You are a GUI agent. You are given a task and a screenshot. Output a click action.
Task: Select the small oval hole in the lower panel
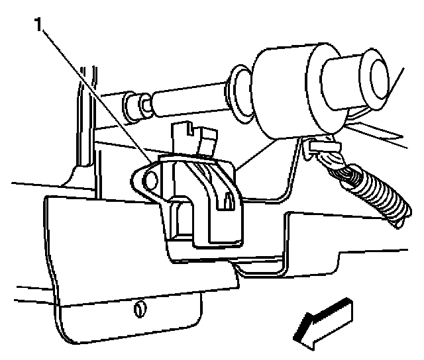(139, 308)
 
